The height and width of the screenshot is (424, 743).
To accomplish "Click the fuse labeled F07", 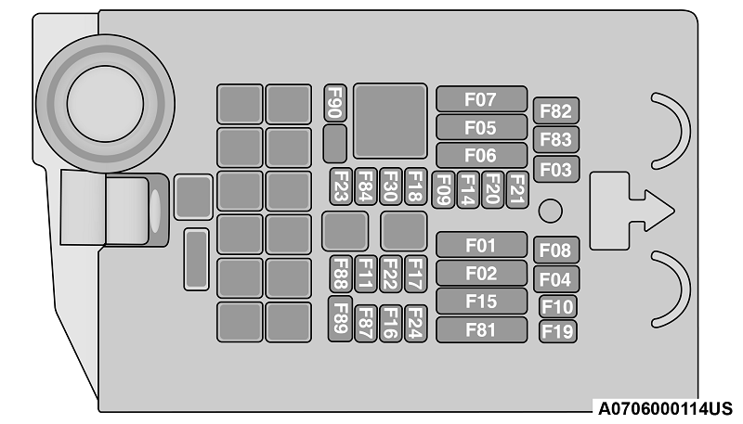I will (481, 99).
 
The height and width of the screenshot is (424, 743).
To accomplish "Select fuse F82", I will (556, 111).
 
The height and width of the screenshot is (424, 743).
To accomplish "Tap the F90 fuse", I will (335, 104).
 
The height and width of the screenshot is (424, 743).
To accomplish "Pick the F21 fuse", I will (517, 189).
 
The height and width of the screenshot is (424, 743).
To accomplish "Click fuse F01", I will (481, 246).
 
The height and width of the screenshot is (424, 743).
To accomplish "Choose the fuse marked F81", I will (481, 329).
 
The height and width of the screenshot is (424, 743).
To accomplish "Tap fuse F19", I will (557, 330).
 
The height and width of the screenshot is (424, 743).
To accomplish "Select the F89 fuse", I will (341, 318).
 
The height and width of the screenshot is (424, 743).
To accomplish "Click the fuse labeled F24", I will (414, 322).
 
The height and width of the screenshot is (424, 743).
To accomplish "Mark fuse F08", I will (556, 250).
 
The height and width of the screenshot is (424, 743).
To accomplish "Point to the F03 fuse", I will (556, 170).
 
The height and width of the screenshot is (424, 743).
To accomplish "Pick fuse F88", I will (341, 274).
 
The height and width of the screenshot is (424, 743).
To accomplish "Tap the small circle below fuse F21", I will (551, 212).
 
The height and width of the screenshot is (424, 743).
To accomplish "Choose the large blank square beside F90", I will (390, 121).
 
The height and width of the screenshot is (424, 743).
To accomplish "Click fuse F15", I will (481, 302).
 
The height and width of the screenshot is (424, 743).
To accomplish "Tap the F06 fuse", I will (481, 155).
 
